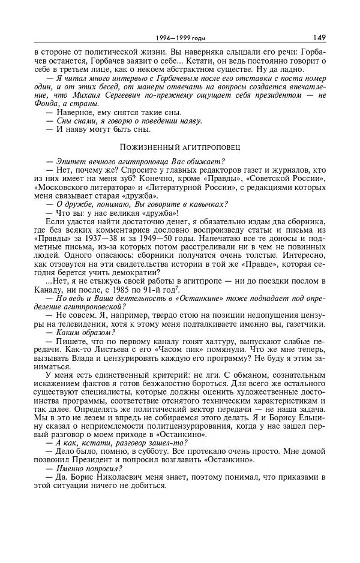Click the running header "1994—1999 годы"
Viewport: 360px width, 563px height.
point(179,38)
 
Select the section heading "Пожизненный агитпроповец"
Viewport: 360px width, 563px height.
point(179,146)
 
